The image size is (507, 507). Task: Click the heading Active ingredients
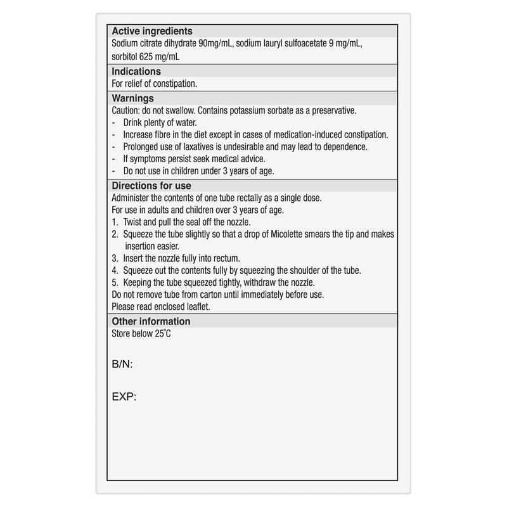tap(152, 31)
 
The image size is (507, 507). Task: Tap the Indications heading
tap(136, 72)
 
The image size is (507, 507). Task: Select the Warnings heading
tap(132, 98)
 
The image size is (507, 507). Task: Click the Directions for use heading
tap(151, 186)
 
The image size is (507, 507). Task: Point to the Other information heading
tap(151, 321)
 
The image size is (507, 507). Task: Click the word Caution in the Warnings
tap(125, 110)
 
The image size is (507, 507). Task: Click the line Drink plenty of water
tap(160, 122)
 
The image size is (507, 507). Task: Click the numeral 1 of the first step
tap(114, 222)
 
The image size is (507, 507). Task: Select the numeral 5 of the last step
tap(114, 282)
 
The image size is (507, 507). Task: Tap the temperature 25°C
tap(163, 333)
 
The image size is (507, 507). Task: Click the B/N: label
tap(122, 364)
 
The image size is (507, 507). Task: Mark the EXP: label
tap(124, 397)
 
